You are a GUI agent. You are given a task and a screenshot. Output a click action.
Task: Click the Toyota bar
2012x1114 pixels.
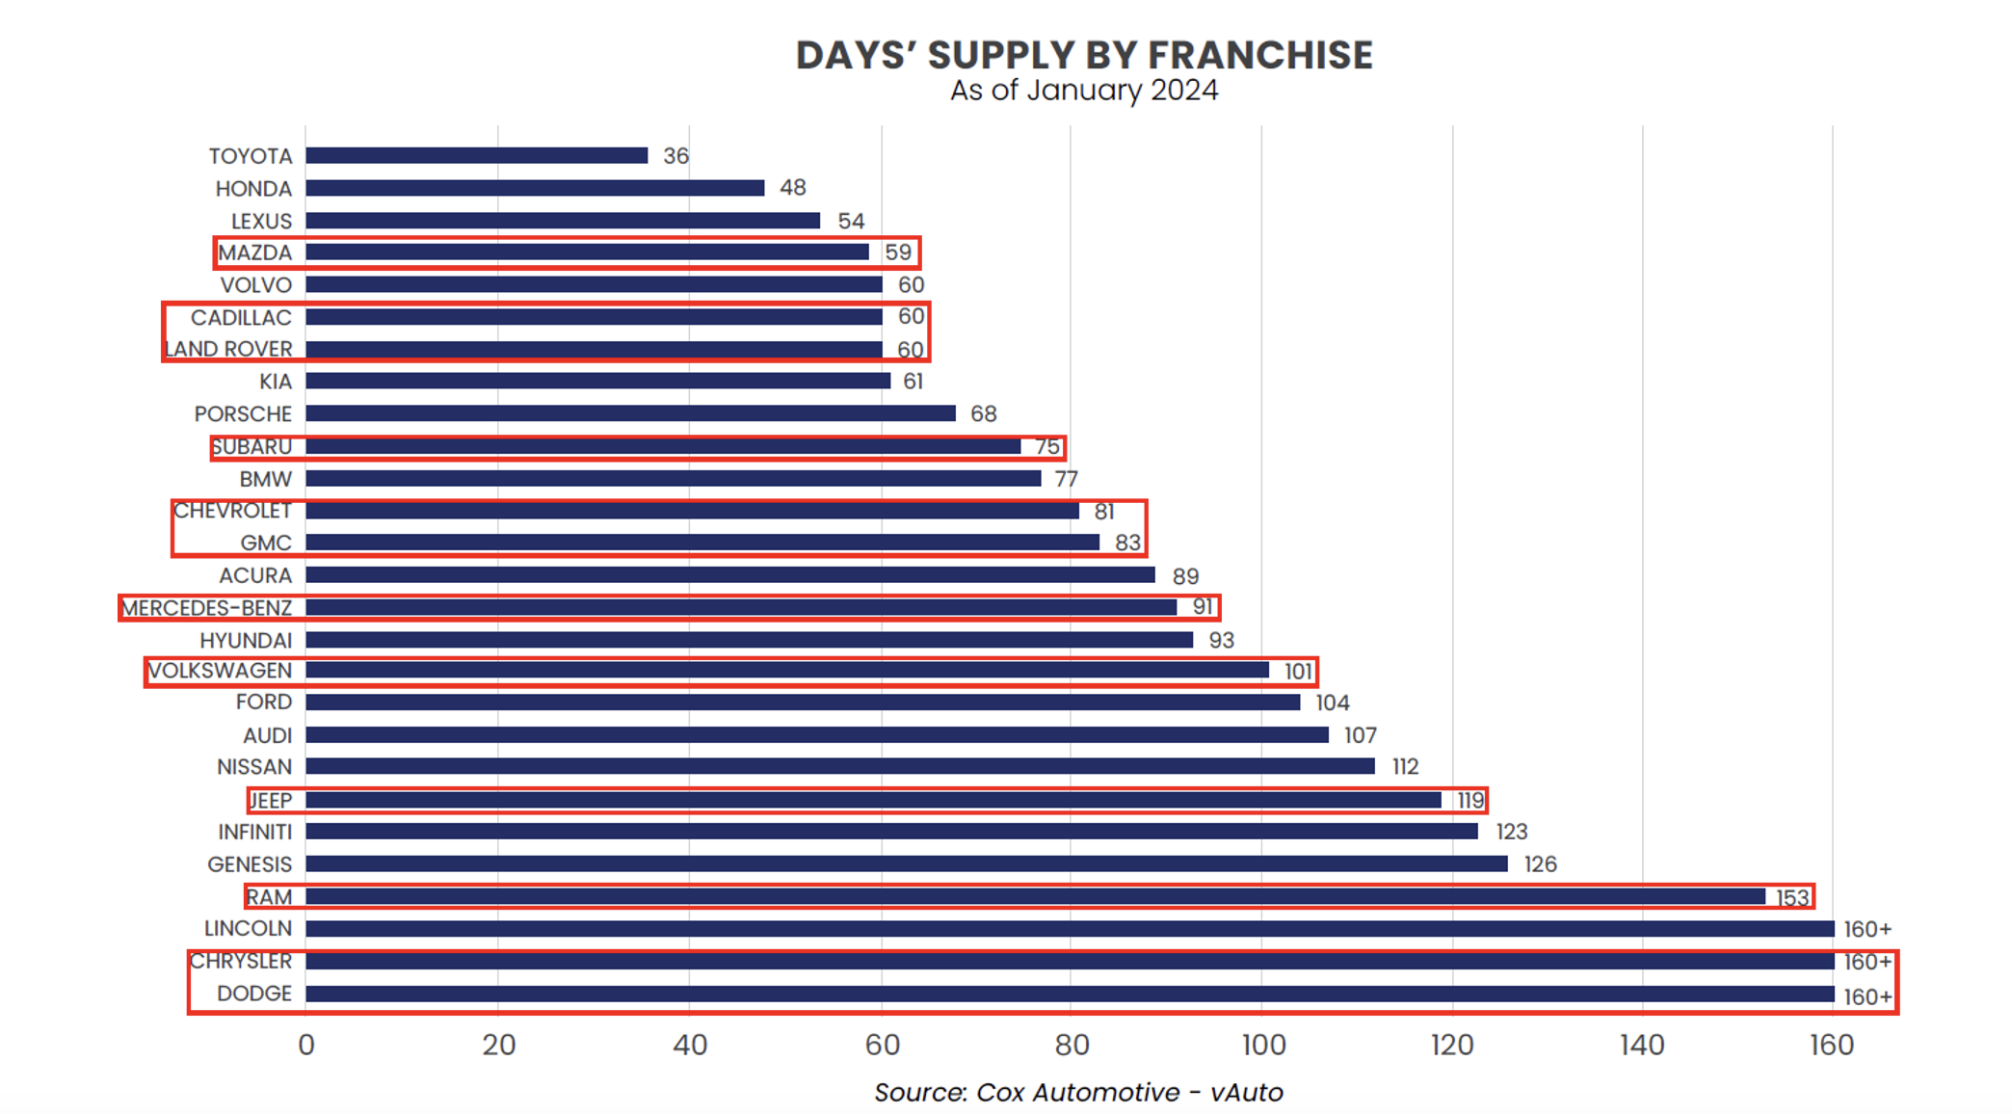(x=477, y=155)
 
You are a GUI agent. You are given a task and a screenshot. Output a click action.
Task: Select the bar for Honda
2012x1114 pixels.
(x=535, y=188)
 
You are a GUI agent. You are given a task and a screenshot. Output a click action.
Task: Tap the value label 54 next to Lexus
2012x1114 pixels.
(x=851, y=221)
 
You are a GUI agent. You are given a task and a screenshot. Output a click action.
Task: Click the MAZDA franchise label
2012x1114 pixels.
(x=254, y=252)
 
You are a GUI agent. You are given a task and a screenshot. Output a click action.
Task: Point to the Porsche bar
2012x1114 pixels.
(x=630, y=413)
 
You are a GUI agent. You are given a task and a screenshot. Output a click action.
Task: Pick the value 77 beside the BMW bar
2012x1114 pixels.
(x=1066, y=479)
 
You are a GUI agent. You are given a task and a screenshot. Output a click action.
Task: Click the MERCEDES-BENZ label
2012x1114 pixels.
(x=206, y=608)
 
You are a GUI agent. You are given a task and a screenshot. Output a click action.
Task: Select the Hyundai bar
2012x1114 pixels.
(x=749, y=640)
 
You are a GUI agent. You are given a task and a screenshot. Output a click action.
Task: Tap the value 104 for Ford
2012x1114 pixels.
(x=1333, y=703)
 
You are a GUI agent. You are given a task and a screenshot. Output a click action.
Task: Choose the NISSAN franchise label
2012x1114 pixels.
(x=254, y=767)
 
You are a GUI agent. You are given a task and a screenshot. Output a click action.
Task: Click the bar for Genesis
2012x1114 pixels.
(x=906, y=864)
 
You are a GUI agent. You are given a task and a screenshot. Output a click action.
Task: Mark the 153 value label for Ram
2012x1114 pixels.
(x=1792, y=897)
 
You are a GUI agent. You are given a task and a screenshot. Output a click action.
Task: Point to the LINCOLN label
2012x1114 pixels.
(x=248, y=929)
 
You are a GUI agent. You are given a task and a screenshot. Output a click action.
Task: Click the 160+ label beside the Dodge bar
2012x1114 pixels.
(x=1867, y=996)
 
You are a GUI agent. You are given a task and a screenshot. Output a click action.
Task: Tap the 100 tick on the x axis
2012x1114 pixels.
(x=1262, y=1045)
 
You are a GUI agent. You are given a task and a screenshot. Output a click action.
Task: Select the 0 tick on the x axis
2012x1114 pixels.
(x=306, y=1045)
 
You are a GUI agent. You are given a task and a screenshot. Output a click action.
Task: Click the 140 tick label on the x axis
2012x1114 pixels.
(x=1642, y=1045)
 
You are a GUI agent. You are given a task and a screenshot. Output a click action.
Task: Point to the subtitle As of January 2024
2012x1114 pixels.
(x=1084, y=91)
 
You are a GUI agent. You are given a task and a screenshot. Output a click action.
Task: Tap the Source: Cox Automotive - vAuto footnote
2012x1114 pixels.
(x=1078, y=1092)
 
